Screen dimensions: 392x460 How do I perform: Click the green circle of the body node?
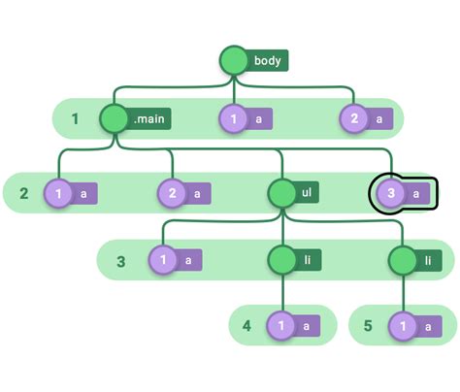(x=234, y=61)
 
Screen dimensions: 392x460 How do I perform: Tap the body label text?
(x=267, y=61)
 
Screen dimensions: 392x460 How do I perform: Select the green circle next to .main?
(x=115, y=119)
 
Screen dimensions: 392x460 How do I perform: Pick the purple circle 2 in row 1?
(x=354, y=119)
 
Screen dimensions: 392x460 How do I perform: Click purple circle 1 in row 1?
(x=234, y=119)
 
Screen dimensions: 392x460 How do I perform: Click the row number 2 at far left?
(x=24, y=194)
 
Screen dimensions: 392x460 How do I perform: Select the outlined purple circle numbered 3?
(x=389, y=194)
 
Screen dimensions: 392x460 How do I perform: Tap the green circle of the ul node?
(x=281, y=194)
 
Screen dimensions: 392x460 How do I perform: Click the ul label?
(x=307, y=194)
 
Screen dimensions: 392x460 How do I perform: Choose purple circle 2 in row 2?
(x=173, y=194)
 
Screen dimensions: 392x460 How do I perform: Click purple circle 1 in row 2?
(x=60, y=194)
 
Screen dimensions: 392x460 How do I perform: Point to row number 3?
(x=120, y=261)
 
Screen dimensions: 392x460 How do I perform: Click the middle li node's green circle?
(x=281, y=260)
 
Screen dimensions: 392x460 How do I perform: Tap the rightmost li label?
(x=428, y=260)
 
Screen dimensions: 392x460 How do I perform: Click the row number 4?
(x=247, y=326)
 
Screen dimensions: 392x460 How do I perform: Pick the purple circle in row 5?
(x=402, y=327)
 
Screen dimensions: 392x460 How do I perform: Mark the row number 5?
(x=368, y=326)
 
